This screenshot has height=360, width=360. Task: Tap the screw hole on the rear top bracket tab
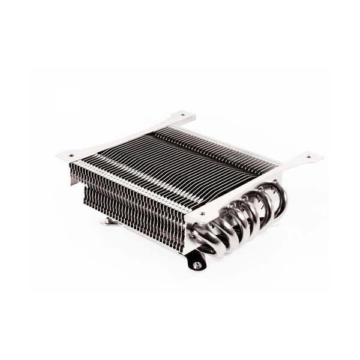point(182,116)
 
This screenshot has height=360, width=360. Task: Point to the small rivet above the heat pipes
point(202,212)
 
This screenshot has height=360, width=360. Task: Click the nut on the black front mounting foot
point(197,265)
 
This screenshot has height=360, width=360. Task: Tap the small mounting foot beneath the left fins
point(110,221)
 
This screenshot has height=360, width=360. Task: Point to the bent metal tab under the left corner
point(76,177)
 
